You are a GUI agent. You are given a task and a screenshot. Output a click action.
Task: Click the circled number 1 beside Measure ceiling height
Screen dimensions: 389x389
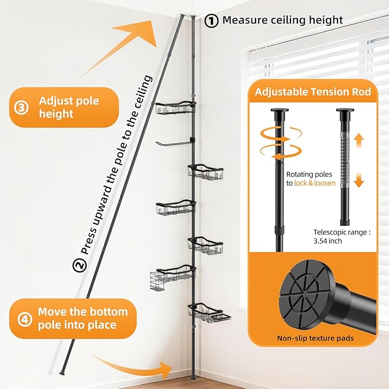click(211, 21)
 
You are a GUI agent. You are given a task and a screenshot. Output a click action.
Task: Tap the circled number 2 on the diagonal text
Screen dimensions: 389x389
click(80, 265)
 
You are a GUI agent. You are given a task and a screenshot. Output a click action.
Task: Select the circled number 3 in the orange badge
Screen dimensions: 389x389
click(21, 108)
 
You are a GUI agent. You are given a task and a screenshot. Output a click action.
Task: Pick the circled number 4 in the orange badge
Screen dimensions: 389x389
click(25, 319)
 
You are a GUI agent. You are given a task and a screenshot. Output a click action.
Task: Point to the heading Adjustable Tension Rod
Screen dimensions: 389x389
click(313, 92)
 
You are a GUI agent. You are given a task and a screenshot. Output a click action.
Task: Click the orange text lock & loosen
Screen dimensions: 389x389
click(315, 183)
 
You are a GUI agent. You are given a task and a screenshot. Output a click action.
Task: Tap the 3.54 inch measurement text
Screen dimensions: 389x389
click(328, 241)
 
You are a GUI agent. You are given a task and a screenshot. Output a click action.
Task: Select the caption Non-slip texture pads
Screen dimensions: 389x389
click(315, 338)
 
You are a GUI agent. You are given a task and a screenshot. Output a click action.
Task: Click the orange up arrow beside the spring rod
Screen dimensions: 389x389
click(359, 141)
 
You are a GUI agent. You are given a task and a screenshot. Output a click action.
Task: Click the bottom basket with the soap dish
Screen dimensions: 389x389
click(209, 313)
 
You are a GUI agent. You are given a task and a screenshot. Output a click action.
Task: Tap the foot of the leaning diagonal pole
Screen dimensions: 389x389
click(61, 372)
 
